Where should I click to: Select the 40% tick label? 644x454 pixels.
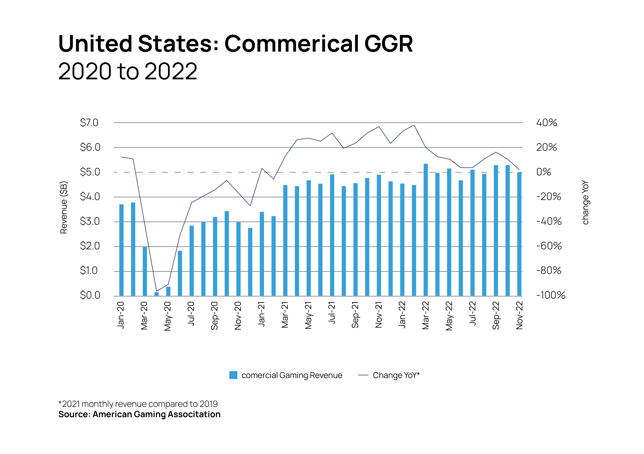pyautogui.click(x=546, y=123)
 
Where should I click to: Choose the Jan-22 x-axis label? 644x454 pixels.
pyautogui.click(x=402, y=315)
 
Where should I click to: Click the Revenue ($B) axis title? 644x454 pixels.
pyautogui.click(x=64, y=208)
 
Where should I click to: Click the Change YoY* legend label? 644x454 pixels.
pyautogui.click(x=396, y=375)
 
